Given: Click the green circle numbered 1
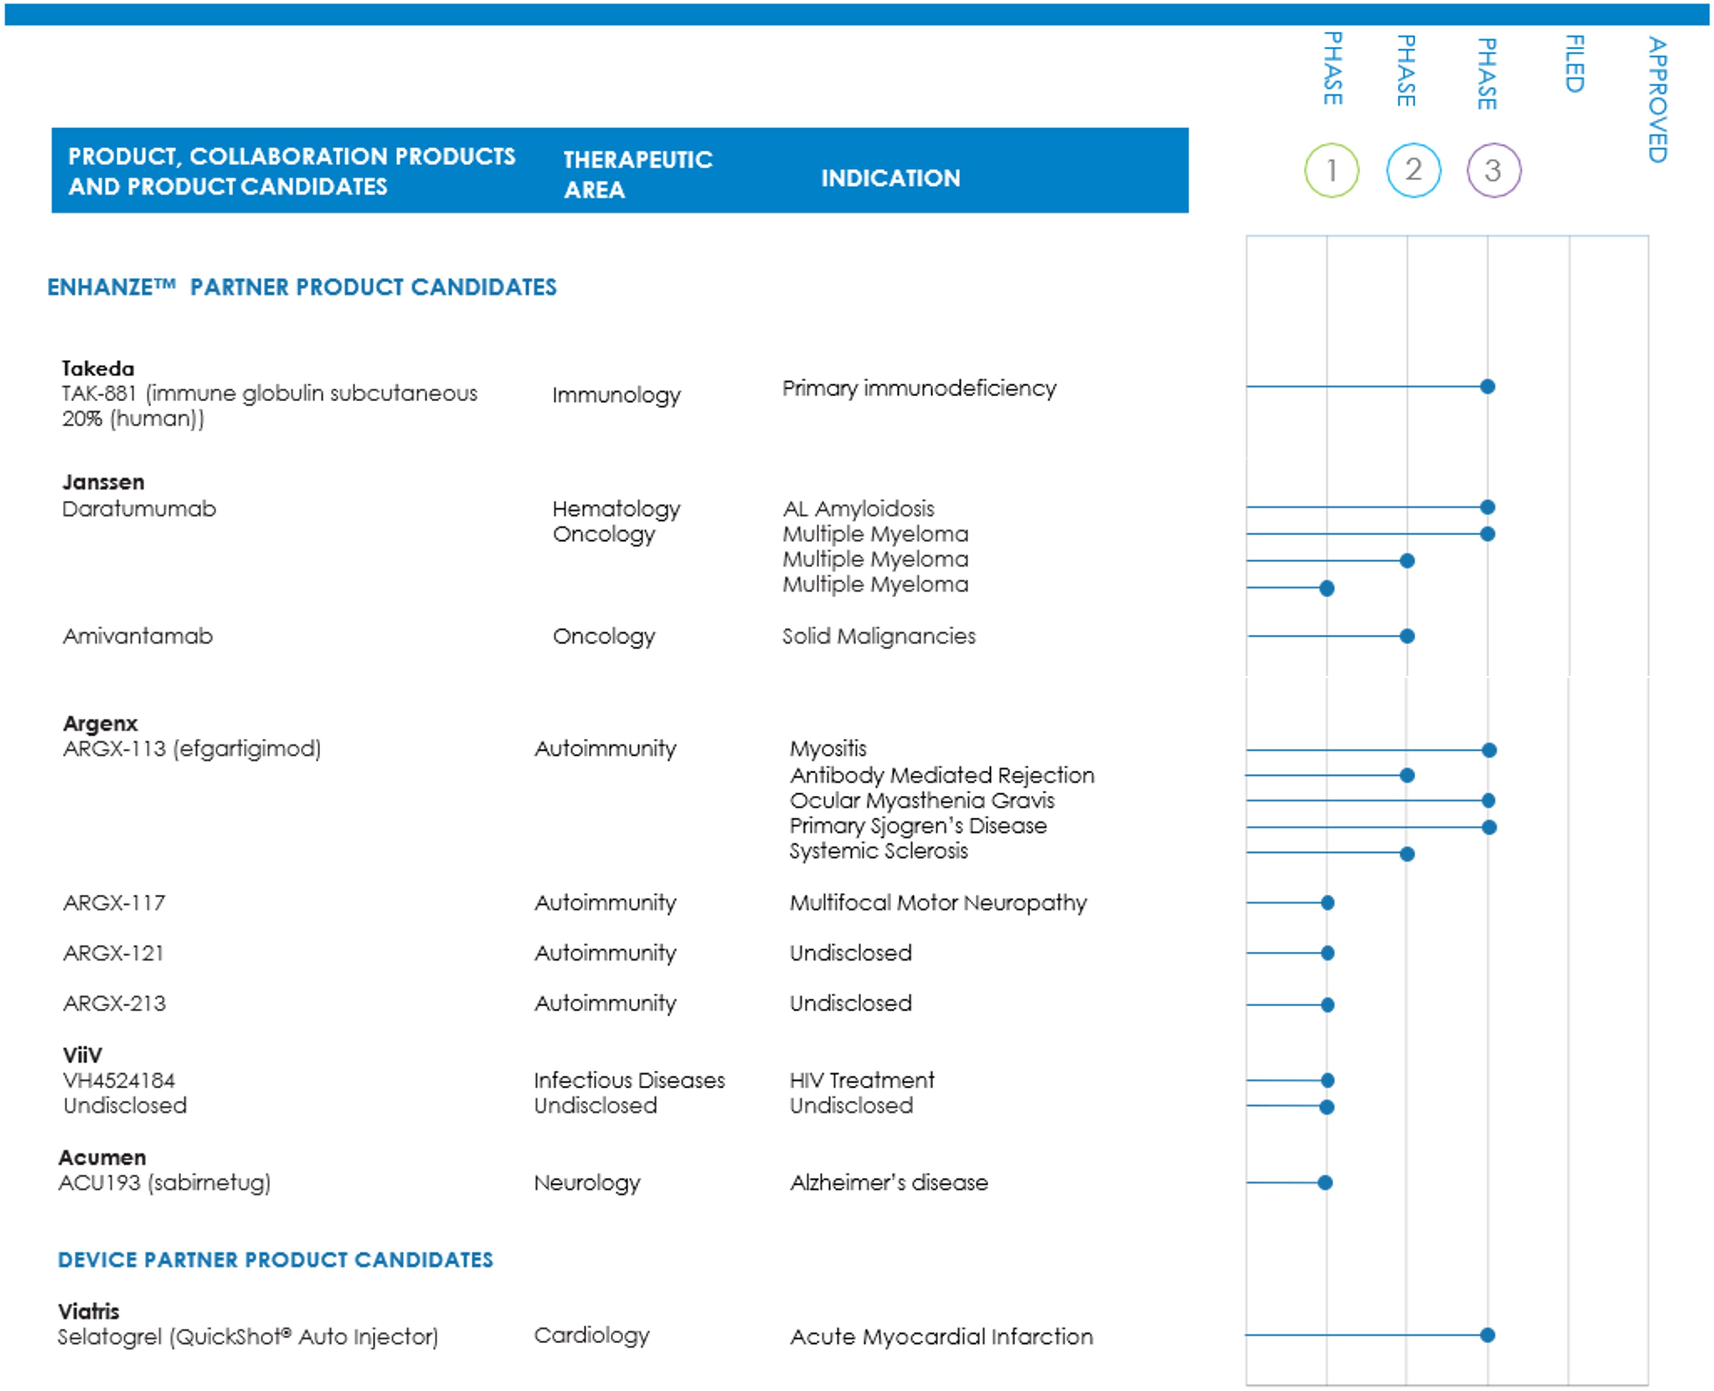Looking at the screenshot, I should click(1331, 170).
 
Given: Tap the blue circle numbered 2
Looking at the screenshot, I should click(1413, 170).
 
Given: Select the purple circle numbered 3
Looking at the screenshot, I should click(1493, 170).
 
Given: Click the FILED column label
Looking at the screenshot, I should click(1574, 64).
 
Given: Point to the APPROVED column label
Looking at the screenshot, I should click(1657, 100).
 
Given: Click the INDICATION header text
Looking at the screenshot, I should click(890, 178).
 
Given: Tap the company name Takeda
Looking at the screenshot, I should click(98, 369).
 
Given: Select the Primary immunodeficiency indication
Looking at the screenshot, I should click(919, 389).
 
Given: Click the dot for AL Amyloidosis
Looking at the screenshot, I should click(1487, 507).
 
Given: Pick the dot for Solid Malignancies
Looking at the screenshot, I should click(1406, 636).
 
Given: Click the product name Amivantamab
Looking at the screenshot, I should click(138, 636).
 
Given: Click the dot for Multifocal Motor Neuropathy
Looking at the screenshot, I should click(1327, 903).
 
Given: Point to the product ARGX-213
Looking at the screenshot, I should click(115, 1003).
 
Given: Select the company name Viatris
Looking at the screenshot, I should click(88, 1312).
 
